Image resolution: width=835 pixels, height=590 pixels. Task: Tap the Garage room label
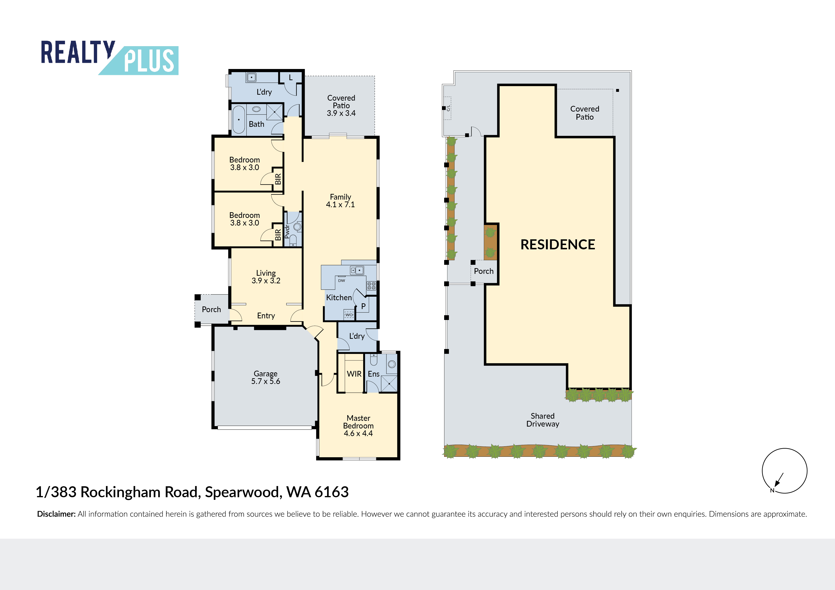click(265, 374)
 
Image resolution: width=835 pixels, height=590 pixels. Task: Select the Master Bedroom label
click(358, 422)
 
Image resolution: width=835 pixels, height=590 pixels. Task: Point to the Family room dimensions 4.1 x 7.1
click(340, 205)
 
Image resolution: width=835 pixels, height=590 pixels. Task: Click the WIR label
click(354, 374)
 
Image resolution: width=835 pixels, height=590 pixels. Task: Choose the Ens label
click(373, 374)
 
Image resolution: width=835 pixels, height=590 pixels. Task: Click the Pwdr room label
click(287, 231)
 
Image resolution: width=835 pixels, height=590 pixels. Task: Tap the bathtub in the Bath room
click(239, 120)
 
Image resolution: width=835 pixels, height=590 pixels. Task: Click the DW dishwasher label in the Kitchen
click(342, 281)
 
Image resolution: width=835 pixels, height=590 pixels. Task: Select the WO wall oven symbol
click(349, 315)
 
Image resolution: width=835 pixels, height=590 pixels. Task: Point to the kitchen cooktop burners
click(371, 286)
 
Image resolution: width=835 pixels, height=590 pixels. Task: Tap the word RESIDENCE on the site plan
click(557, 245)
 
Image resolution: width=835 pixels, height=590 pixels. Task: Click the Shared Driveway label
click(543, 420)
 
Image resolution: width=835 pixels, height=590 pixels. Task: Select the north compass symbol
click(785, 471)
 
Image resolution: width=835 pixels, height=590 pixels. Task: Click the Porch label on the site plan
click(484, 271)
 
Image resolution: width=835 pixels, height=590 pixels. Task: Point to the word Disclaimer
click(56, 514)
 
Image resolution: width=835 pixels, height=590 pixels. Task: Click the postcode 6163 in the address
click(331, 492)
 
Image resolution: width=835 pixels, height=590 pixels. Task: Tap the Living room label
click(266, 273)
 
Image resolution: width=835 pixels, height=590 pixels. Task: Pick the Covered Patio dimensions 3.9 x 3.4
click(341, 113)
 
